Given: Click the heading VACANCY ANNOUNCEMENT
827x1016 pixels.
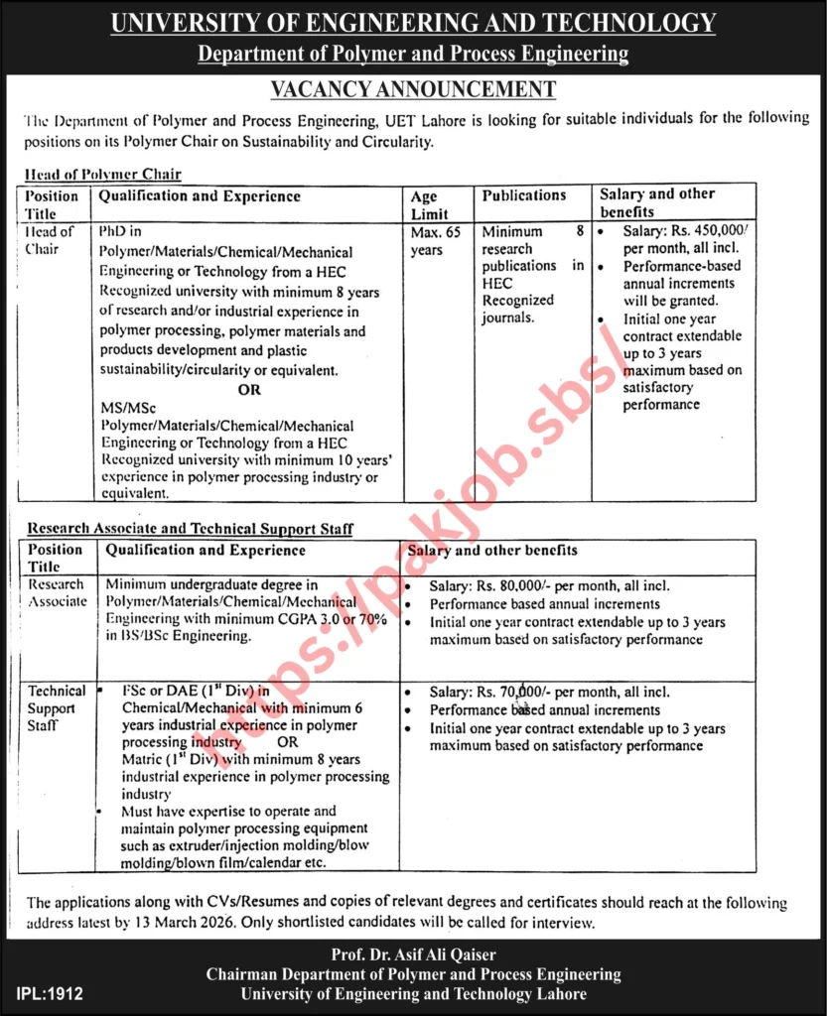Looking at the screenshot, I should pyautogui.click(x=413, y=89).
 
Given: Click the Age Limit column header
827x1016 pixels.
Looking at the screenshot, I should pyautogui.click(x=428, y=205).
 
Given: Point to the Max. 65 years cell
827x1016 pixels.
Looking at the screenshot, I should pyautogui.click(x=433, y=240).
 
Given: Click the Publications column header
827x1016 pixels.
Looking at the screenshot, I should pyautogui.click(x=524, y=196).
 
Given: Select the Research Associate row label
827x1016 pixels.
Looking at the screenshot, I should pyautogui.click(x=57, y=592).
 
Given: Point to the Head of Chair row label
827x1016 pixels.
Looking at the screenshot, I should pyautogui.click(x=50, y=240).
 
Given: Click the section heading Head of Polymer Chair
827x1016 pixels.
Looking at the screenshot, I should pyautogui.click(x=102, y=174).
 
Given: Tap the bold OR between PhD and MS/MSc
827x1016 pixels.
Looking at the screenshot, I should pyautogui.click(x=249, y=390).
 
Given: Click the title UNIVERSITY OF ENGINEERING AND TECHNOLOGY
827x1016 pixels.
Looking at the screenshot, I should pyautogui.click(x=413, y=23).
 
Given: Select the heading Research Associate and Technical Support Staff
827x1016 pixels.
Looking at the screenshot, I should pyautogui.click(x=191, y=529).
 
